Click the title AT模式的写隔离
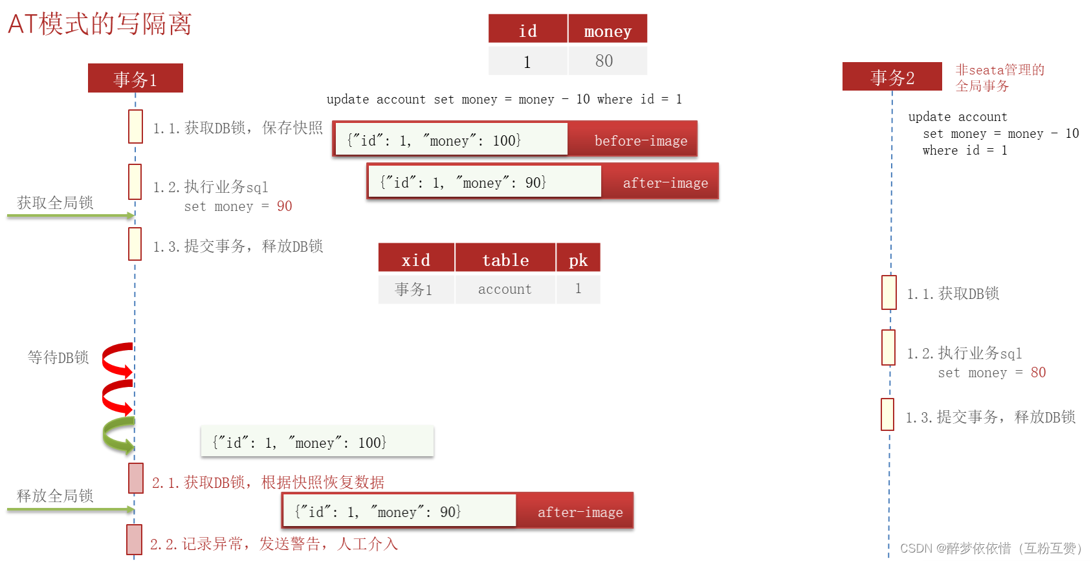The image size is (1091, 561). (100, 24)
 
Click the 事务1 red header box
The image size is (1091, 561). (135, 78)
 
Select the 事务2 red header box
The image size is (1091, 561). (892, 77)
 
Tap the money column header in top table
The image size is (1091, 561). (607, 30)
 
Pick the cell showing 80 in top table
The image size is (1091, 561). (604, 61)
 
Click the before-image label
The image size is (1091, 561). (640, 140)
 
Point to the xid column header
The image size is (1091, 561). (415, 259)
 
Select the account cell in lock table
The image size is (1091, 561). (505, 289)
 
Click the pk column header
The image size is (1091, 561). (578, 259)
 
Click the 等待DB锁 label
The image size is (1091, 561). (58, 357)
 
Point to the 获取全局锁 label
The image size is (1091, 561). (55, 203)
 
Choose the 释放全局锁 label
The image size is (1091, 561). (55, 496)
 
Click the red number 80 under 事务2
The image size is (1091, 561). (1038, 372)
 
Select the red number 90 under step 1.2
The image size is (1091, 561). (284, 206)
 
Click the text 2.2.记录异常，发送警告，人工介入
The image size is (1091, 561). (274, 544)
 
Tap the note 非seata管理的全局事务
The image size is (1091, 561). (999, 78)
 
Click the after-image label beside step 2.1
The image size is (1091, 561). (580, 512)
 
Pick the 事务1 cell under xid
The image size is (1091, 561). (413, 289)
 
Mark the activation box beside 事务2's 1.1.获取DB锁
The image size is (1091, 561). (888, 292)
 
